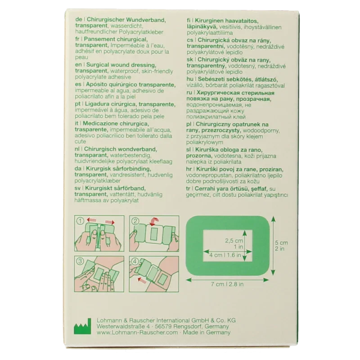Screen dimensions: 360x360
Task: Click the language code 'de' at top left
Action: (x=78, y=20)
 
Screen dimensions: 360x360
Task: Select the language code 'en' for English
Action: (x=78, y=65)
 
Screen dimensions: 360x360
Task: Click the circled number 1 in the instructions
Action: (x=81, y=221)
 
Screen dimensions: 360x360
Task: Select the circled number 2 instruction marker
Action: (x=135, y=221)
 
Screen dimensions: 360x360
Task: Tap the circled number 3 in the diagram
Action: (x=80, y=261)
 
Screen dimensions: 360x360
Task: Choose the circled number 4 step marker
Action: (x=135, y=261)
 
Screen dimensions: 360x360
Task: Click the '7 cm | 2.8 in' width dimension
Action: (x=227, y=284)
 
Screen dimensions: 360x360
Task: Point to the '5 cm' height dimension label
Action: (x=281, y=243)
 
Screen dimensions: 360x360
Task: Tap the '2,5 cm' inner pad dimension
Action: (x=234, y=241)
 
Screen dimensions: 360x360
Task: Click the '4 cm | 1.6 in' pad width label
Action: (x=225, y=255)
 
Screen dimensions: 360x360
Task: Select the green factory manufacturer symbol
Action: (x=82, y=326)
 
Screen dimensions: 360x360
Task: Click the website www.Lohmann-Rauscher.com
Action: (x=137, y=333)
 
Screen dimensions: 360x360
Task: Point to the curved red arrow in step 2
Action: (x=152, y=221)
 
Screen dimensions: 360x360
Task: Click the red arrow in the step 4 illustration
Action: (x=142, y=279)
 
